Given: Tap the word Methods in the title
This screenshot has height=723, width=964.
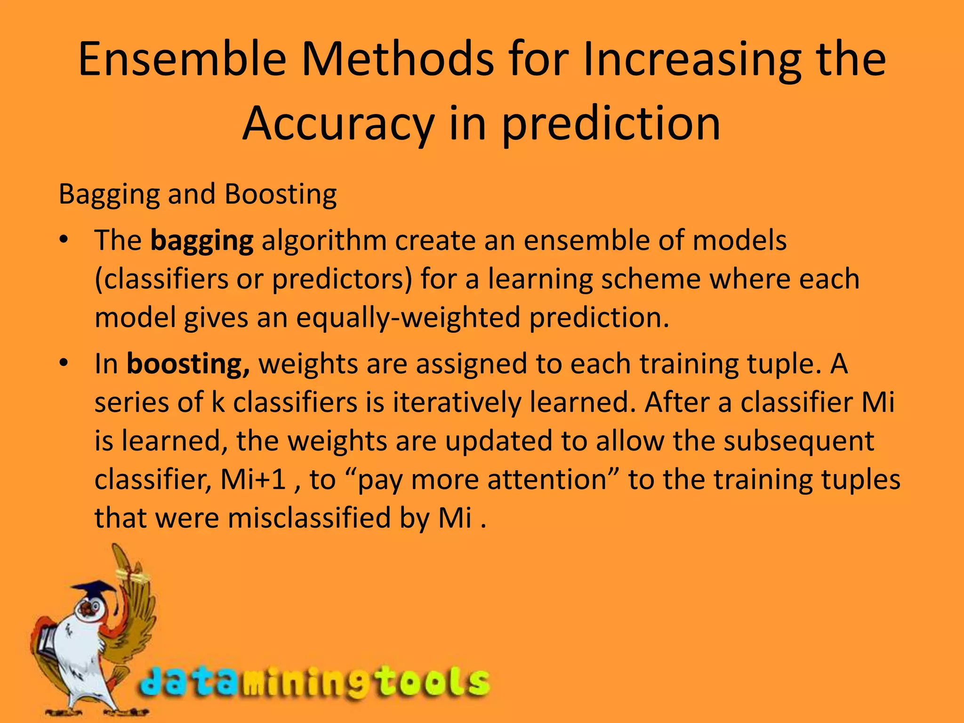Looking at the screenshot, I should [x=397, y=59].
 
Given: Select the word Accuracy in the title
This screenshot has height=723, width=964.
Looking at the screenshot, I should [x=337, y=123].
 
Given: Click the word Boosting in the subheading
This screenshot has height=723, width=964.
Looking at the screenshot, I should [x=281, y=194].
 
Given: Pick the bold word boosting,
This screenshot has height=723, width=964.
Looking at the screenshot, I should [x=188, y=364].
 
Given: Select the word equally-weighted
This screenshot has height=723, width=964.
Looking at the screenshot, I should [x=408, y=318].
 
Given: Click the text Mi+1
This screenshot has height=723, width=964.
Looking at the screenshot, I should [x=254, y=480].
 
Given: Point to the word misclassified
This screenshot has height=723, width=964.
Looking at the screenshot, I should [x=309, y=518].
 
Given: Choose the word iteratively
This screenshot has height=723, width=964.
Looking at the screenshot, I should [x=457, y=402].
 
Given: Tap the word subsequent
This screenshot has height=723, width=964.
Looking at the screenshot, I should [x=799, y=442].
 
